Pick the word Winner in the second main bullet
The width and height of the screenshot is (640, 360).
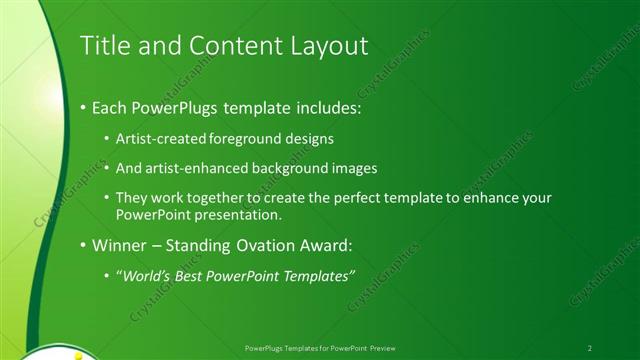118,245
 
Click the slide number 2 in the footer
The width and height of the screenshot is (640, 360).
590,347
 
